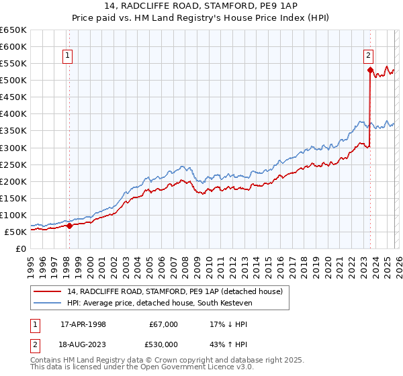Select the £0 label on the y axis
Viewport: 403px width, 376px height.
(21, 248)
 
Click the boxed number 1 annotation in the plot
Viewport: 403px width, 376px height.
(69, 56)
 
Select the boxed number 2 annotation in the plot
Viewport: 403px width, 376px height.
(369, 56)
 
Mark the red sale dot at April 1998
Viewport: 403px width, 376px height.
(69, 226)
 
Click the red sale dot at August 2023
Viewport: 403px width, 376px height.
(370, 69)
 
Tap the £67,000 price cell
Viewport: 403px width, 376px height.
(163, 324)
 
